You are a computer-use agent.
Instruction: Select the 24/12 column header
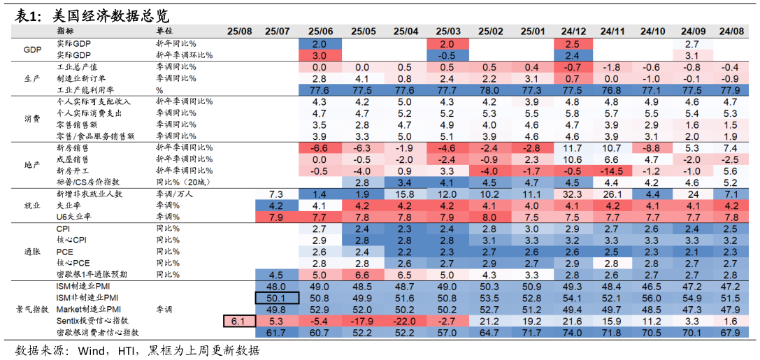tap(573, 31)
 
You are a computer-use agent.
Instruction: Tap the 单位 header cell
tap(164, 31)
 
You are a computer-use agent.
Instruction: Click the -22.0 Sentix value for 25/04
tap(406, 321)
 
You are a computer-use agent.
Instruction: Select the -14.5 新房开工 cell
tap(612, 171)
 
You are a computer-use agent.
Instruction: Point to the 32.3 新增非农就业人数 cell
tap(573, 194)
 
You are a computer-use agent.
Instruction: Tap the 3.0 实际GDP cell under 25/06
tap(320, 55)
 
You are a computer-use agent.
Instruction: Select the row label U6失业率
tap(73, 217)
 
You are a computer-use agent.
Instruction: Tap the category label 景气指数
tap(32, 309)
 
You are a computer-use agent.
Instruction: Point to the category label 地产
tap(32, 165)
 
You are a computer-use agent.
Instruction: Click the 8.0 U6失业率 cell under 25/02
tap(489, 217)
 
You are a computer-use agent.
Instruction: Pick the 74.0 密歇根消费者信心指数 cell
tap(573, 332)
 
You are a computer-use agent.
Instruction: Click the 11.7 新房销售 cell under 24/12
tap(573, 147)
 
